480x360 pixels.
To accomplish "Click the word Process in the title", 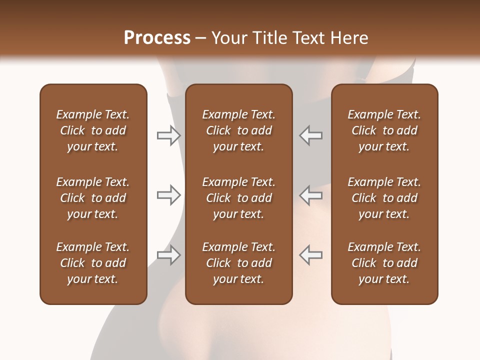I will pyautogui.click(x=157, y=38).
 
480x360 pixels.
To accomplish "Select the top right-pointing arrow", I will pyautogui.click(x=168, y=135).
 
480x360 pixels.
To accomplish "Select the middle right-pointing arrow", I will pyautogui.click(x=168, y=195).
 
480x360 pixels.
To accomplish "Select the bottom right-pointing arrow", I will pyautogui.click(x=168, y=255).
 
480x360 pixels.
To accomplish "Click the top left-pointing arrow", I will pyautogui.click(x=310, y=135).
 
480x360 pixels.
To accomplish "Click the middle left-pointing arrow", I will pyautogui.click(x=310, y=195).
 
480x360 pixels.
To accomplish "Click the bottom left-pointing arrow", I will pyautogui.click(x=310, y=255).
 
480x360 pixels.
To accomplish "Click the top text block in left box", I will pyautogui.click(x=93, y=130).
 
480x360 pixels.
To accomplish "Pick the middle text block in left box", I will pyautogui.click(x=93, y=198).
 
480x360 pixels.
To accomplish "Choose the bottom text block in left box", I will pyautogui.click(x=93, y=263).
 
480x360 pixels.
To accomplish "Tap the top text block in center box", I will pyautogui.click(x=239, y=130).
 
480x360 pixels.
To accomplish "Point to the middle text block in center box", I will pyautogui.click(x=239, y=198).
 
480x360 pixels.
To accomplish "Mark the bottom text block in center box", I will pyautogui.click(x=239, y=263).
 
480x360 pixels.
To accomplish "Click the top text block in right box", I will pyautogui.click(x=384, y=130).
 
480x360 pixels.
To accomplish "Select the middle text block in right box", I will pyautogui.click(x=384, y=198).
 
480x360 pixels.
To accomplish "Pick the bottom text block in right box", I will pyautogui.click(x=384, y=263).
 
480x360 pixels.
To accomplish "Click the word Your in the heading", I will pyautogui.click(x=230, y=38).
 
